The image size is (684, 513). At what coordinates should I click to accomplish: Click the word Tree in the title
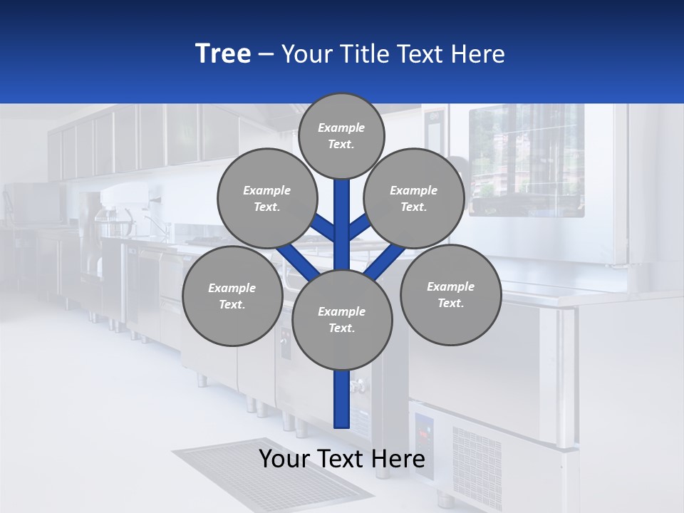tap(223, 54)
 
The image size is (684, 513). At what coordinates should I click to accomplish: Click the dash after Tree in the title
tap(266, 55)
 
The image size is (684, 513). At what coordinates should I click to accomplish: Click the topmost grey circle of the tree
tap(341, 135)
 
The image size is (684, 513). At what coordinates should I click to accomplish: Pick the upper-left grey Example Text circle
tap(266, 198)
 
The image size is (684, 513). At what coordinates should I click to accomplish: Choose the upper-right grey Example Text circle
tap(413, 198)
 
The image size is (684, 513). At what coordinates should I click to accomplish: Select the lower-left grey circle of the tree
tap(232, 296)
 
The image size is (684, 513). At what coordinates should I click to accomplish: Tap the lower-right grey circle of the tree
tap(450, 294)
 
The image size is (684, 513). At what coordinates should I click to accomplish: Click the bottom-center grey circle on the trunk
tap(341, 319)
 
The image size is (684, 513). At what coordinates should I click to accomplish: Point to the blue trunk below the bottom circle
tap(342, 399)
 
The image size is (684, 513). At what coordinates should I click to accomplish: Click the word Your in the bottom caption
tap(284, 459)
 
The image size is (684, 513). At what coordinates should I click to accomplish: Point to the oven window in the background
tap(526, 160)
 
